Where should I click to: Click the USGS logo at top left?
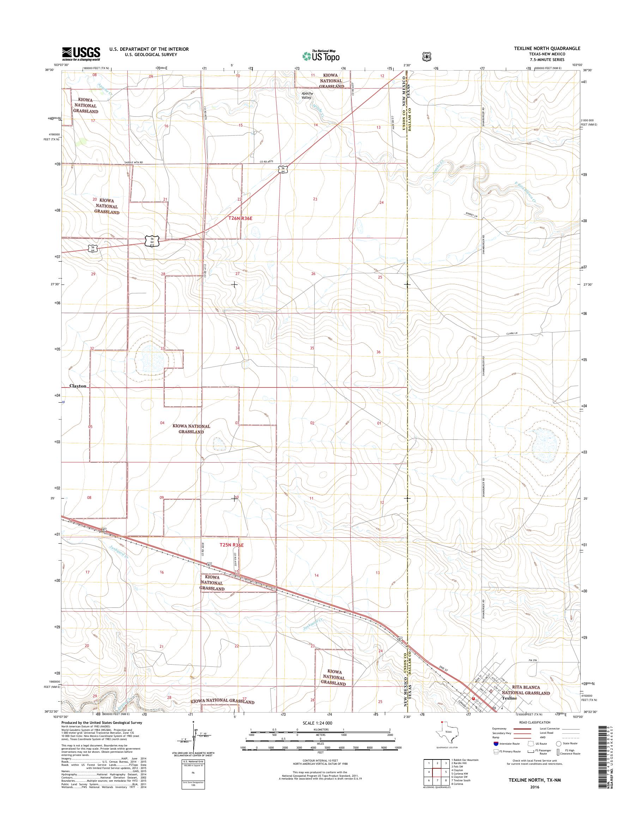pos(81,53)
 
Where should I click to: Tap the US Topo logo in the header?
pos(321,56)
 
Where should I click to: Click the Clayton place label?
pos(78,386)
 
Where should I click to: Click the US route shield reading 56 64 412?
pos(151,241)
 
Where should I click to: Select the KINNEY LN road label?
pos(471,215)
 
